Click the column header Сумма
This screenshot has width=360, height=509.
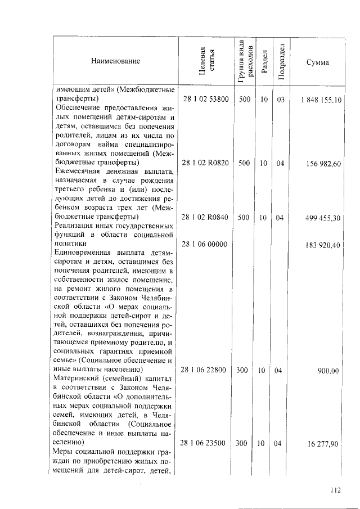coord(318,61)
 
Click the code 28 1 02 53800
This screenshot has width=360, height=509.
coord(205,100)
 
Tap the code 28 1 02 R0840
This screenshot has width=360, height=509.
coord(205,218)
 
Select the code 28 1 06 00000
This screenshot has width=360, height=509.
coord(205,245)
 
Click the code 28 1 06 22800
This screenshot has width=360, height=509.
coord(205,371)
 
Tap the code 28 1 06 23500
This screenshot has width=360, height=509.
coord(205,443)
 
